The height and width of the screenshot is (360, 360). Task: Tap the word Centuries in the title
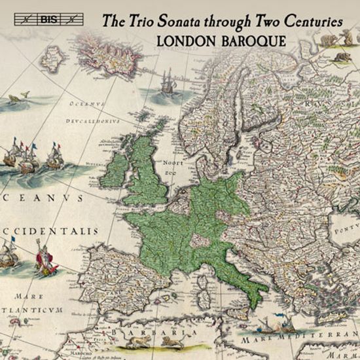[x=317, y=21]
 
